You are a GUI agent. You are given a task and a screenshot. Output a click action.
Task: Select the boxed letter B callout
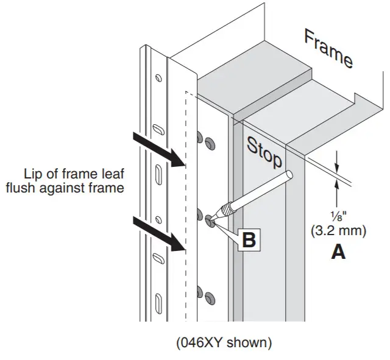[249, 239]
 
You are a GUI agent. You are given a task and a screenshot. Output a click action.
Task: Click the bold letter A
[338, 252]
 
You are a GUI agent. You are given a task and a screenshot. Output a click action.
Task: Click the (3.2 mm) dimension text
[338, 232]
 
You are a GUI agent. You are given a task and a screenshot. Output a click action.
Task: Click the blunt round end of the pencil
[289, 175]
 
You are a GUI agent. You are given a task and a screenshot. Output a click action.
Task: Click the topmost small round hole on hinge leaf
[158, 77]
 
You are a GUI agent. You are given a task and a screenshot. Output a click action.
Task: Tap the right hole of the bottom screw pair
[211, 298]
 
